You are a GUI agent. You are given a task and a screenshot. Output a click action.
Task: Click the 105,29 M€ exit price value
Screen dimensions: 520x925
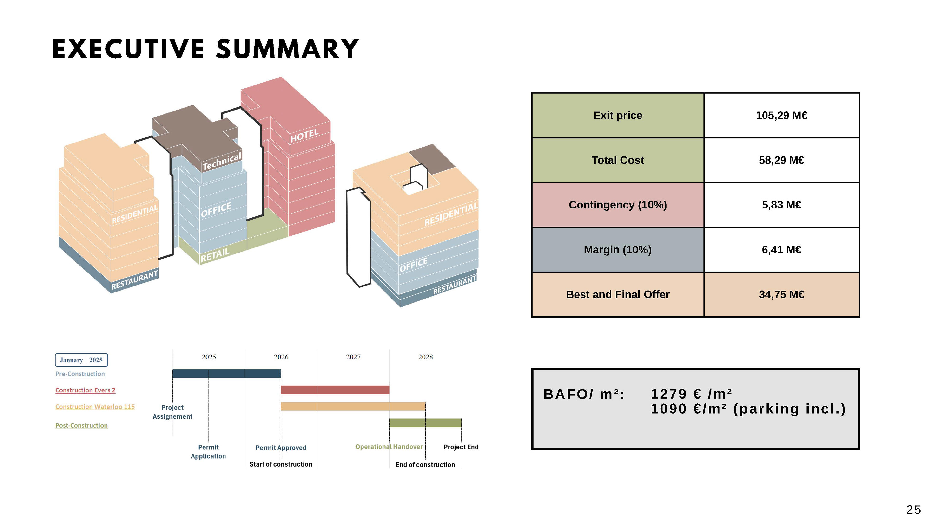(781, 116)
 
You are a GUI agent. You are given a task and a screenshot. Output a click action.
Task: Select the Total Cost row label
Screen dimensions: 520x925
(618, 160)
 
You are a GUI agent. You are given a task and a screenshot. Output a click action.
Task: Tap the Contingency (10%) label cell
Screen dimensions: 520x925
(618, 205)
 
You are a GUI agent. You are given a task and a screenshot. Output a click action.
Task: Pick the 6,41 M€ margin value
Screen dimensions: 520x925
(781, 250)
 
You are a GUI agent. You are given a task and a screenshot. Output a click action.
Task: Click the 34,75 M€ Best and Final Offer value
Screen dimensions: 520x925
(781, 295)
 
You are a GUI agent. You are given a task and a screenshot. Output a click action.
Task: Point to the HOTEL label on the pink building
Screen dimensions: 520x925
(304, 136)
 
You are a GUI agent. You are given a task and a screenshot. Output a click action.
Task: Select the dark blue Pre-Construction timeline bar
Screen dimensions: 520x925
(227, 374)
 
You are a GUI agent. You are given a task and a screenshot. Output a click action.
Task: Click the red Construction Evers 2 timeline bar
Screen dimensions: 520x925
(335, 390)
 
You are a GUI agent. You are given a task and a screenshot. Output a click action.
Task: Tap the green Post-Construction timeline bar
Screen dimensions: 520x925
(425, 423)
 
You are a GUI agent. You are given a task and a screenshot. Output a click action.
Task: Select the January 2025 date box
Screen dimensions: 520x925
(81, 360)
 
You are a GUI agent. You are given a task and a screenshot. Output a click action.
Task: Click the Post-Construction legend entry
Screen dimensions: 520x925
(81, 426)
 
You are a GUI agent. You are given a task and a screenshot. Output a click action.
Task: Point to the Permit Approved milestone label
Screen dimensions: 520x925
(281, 448)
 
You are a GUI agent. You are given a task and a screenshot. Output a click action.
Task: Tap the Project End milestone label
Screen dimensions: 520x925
(461, 447)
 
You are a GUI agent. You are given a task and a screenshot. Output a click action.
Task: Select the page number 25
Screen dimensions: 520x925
(913, 510)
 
